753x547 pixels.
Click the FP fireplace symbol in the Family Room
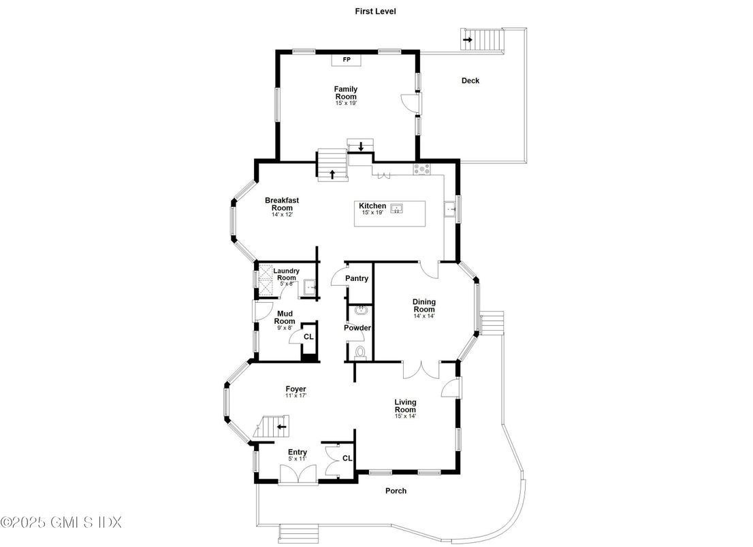[x=346, y=60]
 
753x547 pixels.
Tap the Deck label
[x=470, y=80]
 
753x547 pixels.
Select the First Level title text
[x=375, y=11]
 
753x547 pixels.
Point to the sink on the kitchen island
[x=398, y=208]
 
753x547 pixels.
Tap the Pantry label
[x=357, y=278]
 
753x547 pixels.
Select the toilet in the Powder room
[x=361, y=352]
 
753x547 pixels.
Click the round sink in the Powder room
[x=361, y=311]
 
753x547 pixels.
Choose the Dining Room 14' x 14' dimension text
[x=424, y=316]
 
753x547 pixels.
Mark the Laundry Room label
[x=286, y=273]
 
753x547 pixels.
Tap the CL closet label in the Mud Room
[x=308, y=337]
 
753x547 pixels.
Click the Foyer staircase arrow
[x=281, y=427]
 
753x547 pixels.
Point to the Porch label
[x=396, y=491]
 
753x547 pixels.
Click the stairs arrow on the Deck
[x=468, y=40]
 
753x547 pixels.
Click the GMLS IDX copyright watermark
[x=61, y=523]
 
